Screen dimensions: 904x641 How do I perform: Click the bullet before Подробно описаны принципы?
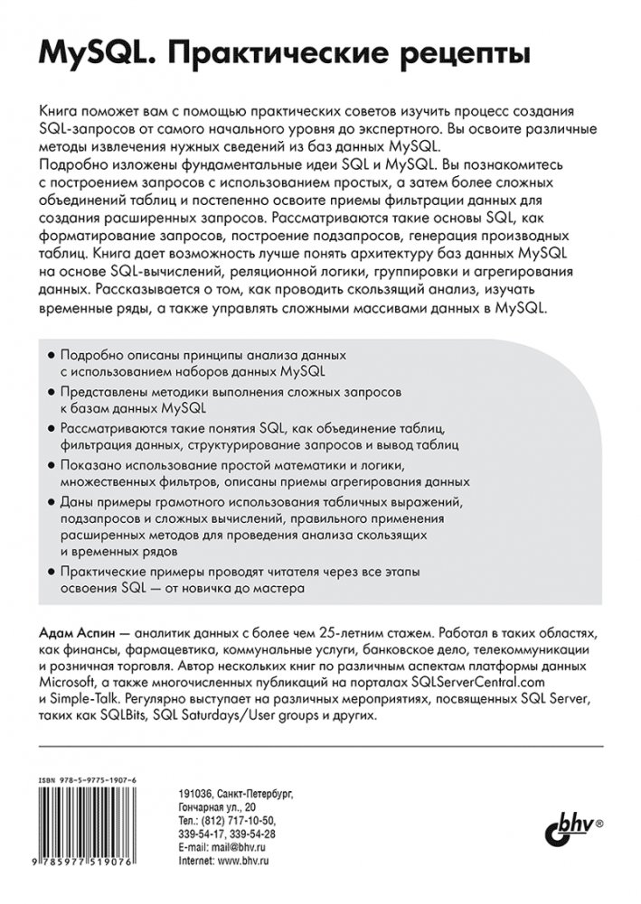50,357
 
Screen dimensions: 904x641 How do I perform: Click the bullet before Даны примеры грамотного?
50,500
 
